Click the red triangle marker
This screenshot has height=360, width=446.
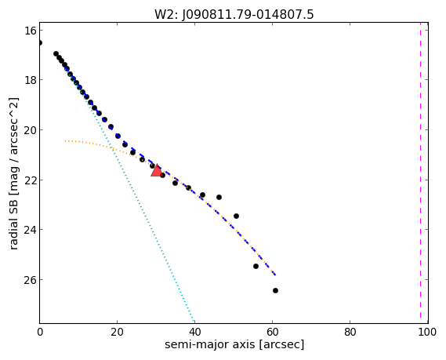(157, 170)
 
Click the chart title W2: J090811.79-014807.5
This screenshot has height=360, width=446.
(234, 15)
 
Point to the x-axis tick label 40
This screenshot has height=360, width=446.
(195, 332)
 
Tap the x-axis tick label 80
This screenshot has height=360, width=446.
(350, 332)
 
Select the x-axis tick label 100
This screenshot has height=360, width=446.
(427, 332)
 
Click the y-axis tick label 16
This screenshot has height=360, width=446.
(31, 30)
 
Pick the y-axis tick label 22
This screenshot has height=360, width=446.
(31, 180)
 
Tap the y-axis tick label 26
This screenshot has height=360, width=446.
(31, 280)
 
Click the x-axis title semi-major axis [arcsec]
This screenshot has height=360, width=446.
(234, 344)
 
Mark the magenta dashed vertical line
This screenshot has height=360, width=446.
(420, 170)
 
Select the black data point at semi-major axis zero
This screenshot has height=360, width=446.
(40, 42)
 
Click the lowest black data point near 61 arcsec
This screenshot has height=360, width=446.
(275, 290)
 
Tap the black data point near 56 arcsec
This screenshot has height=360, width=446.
(256, 267)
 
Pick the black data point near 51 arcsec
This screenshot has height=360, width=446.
(236, 216)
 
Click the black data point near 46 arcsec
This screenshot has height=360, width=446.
(219, 197)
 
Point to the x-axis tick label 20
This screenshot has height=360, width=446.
(118, 332)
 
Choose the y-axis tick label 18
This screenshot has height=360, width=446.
(31, 80)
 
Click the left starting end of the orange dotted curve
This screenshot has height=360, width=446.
(65, 141)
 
